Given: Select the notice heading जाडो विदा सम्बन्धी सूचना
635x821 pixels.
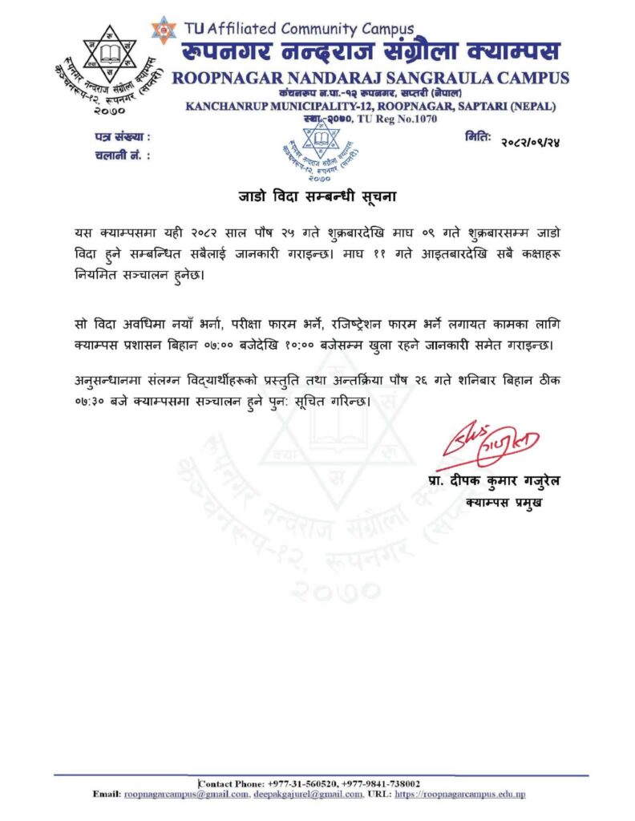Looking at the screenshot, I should click(318, 195).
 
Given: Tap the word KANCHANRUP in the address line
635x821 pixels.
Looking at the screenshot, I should click(228, 106).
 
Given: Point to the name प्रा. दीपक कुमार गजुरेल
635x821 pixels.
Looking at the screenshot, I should click(490, 481).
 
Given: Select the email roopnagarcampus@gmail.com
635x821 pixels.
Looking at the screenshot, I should click(187, 794).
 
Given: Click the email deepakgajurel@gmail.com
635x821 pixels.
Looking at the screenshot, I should click(308, 794).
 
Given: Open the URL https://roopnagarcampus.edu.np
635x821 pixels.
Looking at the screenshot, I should click(460, 794).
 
